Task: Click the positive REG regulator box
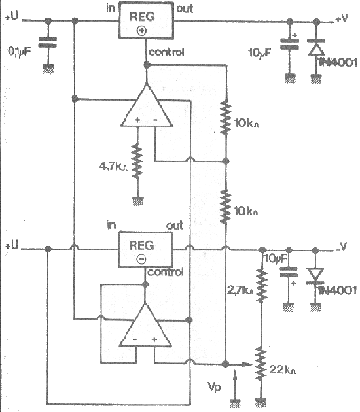click(x=146, y=20)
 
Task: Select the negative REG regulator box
click(x=146, y=249)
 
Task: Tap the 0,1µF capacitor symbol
click(x=48, y=42)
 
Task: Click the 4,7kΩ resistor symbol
click(x=137, y=161)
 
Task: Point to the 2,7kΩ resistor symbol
click(x=261, y=285)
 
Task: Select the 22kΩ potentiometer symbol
click(x=261, y=364)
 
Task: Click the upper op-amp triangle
click(x=147, y=106)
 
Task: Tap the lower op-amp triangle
click(x=145, y=325)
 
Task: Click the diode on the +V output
click(x=316, y=47)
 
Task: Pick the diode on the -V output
click(x=315, y=276)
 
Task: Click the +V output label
click(x=342, y=18)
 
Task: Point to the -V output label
click(x=341, y=247)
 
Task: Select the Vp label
click(x=214, y=387)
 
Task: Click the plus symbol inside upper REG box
click(x=142, y=31)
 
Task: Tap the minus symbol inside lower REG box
click(x=141, y=260)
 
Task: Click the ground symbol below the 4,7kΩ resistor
click(x=138, y=201)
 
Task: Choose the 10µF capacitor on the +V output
click(x=289, y=44)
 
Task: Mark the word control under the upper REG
click(x=166, y=52)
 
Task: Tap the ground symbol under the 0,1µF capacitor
click(x=48, y=69)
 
